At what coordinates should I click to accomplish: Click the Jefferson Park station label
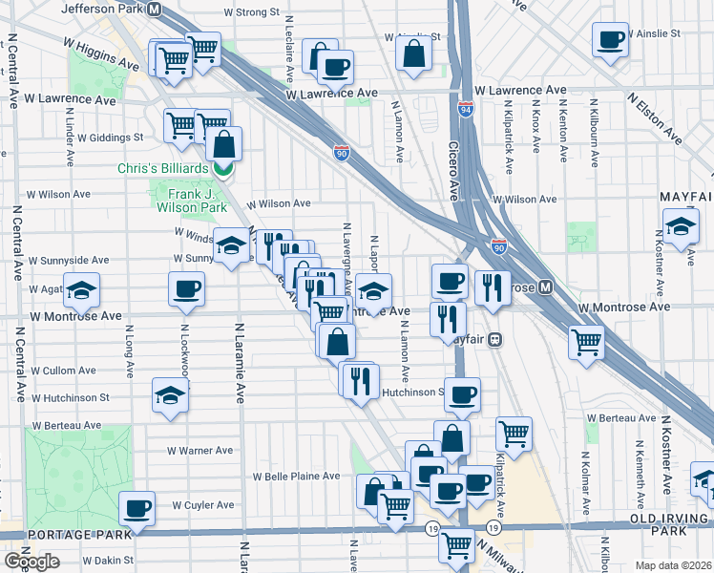(x=103, y=8)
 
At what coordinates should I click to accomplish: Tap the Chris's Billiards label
(x=162, y=168)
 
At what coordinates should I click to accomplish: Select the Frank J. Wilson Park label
(x=191, y=200)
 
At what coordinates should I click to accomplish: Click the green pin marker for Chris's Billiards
(x=222, y=170)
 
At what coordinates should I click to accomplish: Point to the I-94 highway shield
(x=466, y=109)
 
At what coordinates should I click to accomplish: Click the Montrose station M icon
(x=545, y=286)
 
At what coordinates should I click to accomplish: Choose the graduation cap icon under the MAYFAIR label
(x=680, y=229)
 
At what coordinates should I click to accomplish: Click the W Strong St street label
(x=251, y=13)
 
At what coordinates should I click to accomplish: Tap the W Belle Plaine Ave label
(x=296, y=476)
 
